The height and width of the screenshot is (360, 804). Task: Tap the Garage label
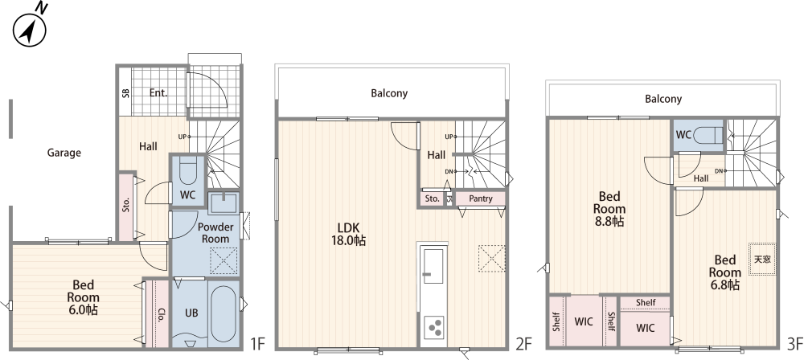point(64,153)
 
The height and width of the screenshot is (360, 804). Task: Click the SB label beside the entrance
point(125,93)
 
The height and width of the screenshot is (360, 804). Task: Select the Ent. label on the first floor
point(158,93)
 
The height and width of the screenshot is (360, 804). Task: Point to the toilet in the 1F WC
point(187,171)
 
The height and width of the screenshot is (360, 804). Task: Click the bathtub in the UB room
point(224,313)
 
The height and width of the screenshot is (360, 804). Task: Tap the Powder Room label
point(215,233)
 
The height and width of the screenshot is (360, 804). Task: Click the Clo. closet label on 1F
point(161,314)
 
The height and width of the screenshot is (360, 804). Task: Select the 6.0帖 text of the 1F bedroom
point(83,309)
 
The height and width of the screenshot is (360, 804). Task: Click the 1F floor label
point(257,343)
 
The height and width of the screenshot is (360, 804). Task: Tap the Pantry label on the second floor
point(481,198)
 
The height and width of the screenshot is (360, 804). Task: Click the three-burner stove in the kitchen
point(434,327)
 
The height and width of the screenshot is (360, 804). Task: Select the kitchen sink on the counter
point(433,266)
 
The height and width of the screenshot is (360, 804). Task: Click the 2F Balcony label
point(389,93)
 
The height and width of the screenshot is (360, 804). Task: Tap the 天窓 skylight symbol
point(762,259)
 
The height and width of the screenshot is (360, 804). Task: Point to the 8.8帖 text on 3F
point(609,222)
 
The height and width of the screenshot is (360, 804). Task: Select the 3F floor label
point(794,343)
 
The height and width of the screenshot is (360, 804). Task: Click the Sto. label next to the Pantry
point(433,198)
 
